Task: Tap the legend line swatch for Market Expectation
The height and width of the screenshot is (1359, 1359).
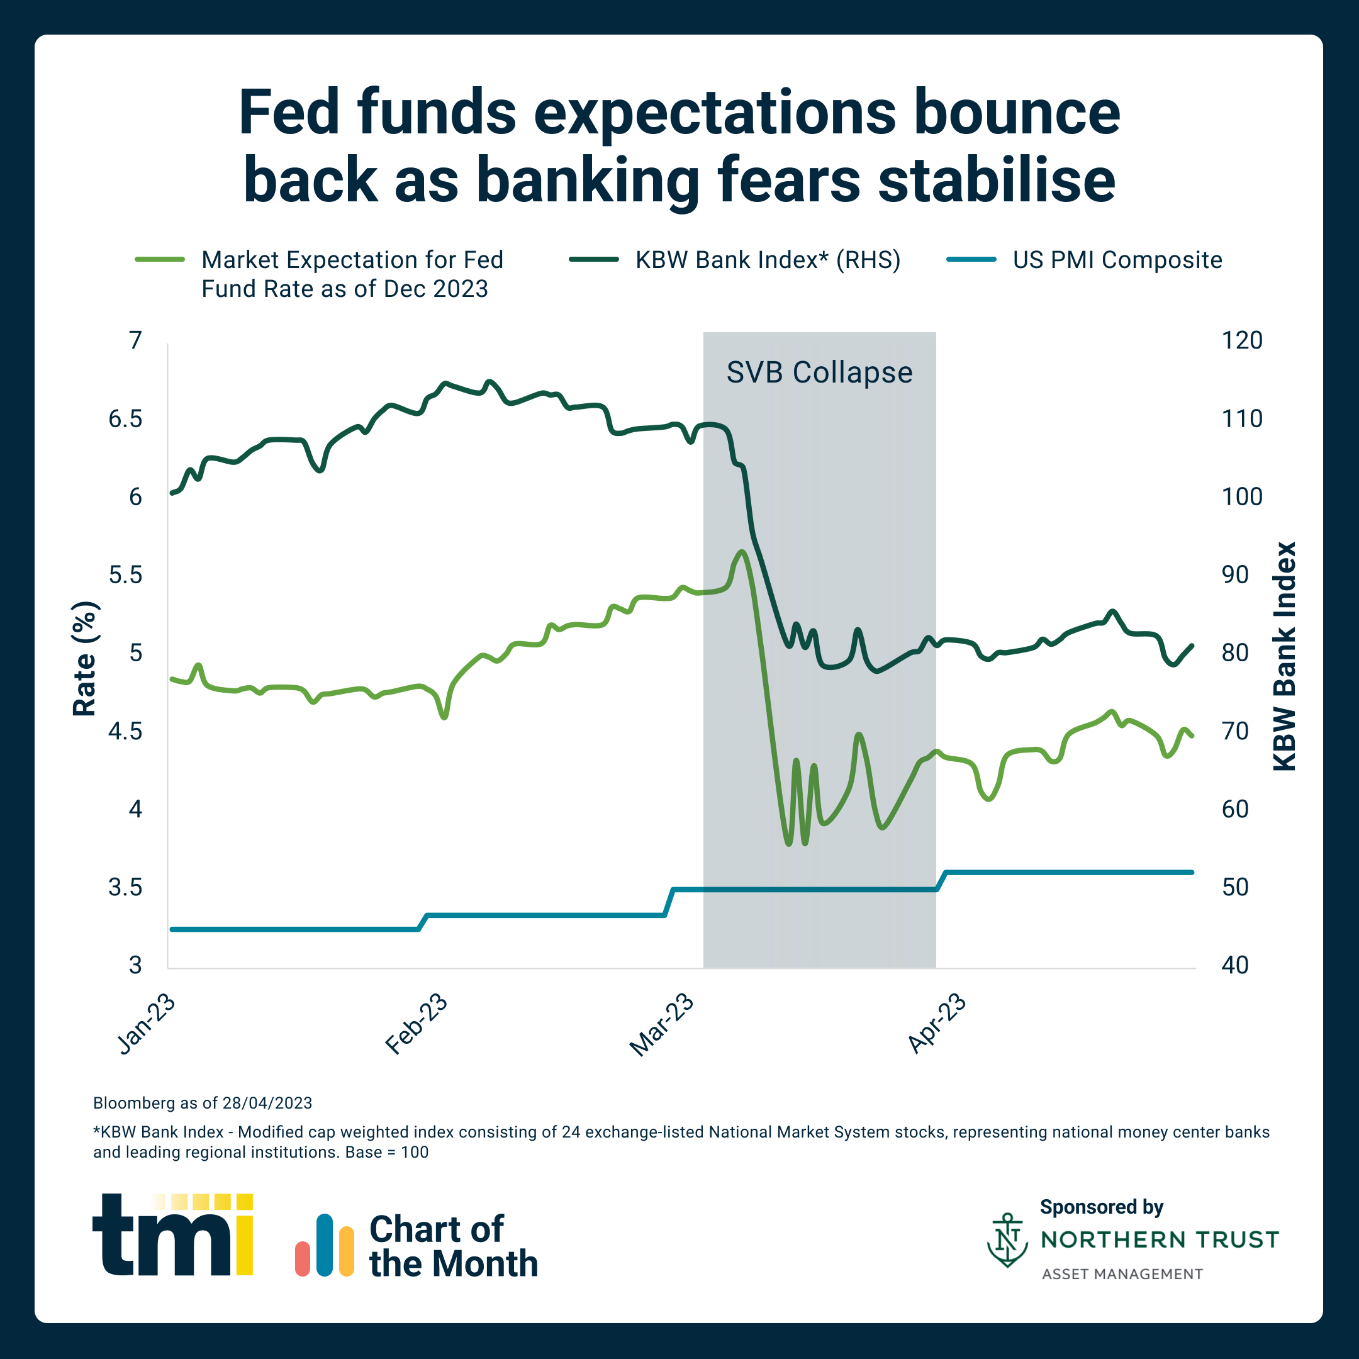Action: (x=160, y=260)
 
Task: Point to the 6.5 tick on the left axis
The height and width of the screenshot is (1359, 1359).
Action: (x=125, y=419)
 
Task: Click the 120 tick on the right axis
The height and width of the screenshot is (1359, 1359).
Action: (x=1241, y=341)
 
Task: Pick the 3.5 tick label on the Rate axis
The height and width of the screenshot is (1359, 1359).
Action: (x=125, y=888)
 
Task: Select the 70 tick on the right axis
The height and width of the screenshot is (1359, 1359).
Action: (x=1234, y=732)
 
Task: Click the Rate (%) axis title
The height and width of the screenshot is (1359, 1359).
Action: (x=84, y=659)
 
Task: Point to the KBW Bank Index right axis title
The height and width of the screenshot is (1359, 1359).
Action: (x=1284, y=656)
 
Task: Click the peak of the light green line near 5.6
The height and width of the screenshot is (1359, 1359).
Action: (x=741, y=552)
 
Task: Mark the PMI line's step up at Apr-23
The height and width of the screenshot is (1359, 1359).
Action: (x=942, y=880)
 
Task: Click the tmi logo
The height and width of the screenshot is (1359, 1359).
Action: (x=172, y=1234)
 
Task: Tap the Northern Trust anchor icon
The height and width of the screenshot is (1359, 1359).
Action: (x=1007, y=1239)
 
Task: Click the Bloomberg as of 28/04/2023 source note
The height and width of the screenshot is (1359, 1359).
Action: (x=203, y=1103)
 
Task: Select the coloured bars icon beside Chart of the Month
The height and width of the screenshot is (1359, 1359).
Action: (x=324, y=1245)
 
